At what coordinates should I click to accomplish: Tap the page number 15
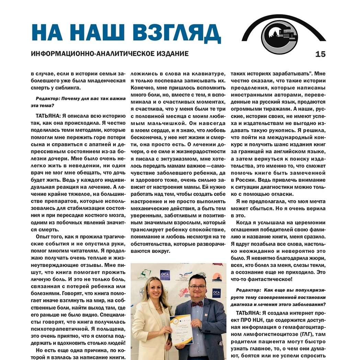coord(320,54)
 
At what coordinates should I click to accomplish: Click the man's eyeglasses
coord(197,287)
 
